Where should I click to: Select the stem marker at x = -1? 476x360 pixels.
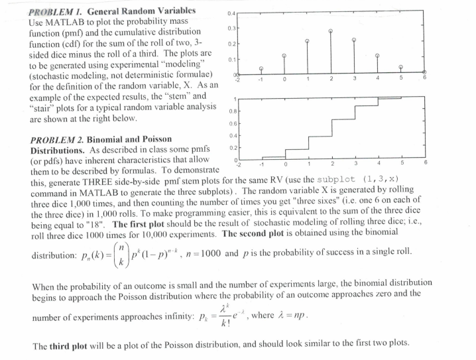pyautogui.click(x=261, y=68)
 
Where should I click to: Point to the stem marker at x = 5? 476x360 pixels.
pyautogui.click(x=400, y=68)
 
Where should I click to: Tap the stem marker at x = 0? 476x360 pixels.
pyautogui.click(x=284, y=56)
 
